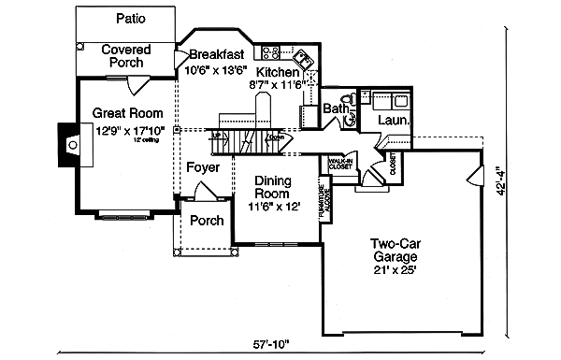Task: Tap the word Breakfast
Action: click(x=218, y=54)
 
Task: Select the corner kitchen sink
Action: click(x=309, y=57)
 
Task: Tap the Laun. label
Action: click(x=392, y=121)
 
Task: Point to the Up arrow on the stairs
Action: click(x=217, y=137)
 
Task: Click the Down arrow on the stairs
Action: click(x=276, y=137)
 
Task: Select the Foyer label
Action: click(x=203, y=168)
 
